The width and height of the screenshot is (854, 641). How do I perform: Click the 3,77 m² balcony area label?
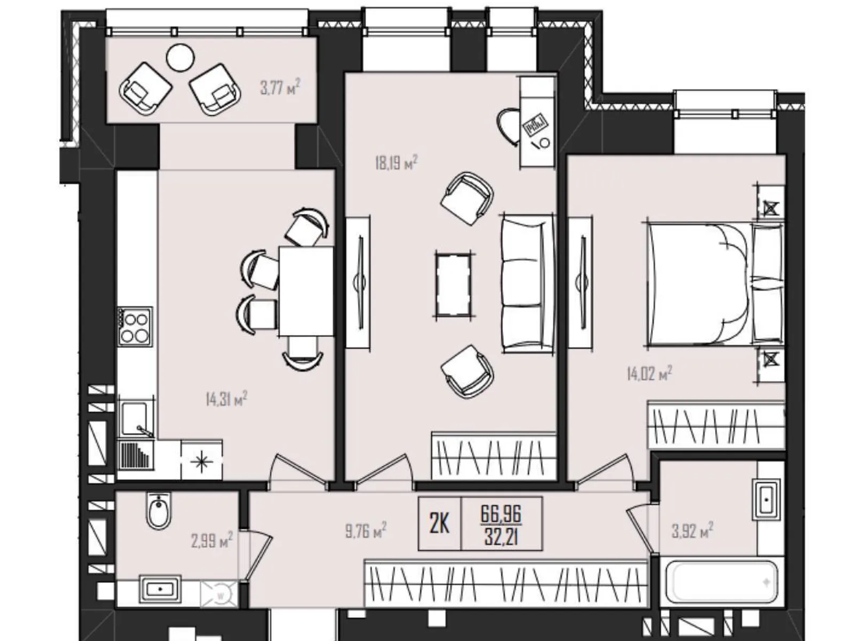280,87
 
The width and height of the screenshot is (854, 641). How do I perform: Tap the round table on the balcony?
180,58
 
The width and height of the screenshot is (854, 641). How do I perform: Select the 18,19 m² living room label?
396,162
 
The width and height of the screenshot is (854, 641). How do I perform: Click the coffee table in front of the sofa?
453,285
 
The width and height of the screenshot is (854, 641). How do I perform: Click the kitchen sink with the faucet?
136,419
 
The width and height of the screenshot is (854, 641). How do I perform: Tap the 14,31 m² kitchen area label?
226,399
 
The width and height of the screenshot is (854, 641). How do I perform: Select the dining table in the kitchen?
305,291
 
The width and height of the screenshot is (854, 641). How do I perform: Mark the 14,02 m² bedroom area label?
649,373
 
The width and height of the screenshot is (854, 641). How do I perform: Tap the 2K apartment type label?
439,524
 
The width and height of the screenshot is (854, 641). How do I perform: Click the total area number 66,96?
501,514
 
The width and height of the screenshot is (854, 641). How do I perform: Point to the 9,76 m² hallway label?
366,531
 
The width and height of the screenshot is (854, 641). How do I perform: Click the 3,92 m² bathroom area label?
692,531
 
